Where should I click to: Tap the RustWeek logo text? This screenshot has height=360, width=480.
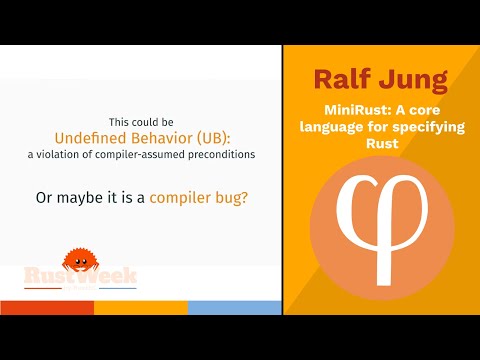[x=80, y=276]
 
